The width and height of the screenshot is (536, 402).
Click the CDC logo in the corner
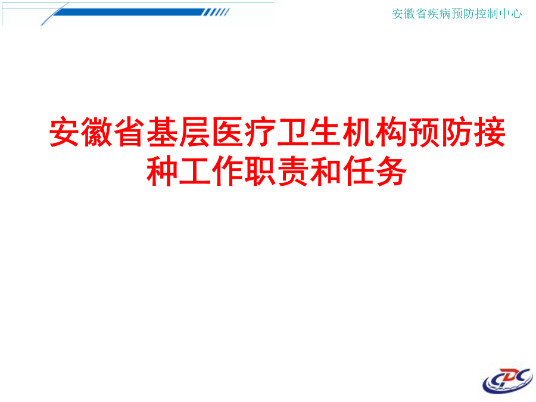pyautogui.click(x=508, y=381)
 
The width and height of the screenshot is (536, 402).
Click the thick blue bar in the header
pyautogui.click(x=129, y=13)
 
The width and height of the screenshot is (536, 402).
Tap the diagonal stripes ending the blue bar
pyautogui.click(x=216, y=13)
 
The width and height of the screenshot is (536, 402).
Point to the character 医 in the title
pyautogui.click(x=228, y=132)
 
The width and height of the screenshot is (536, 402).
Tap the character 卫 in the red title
pyautogui.click(x=292, y=132)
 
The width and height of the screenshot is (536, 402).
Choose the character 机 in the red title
pyautogui.click(x=358, y=132)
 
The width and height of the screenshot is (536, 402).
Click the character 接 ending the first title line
pyautogui.click(x=490, y=132)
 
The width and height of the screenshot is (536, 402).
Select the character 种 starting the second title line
pyautogui.click(x=162, y=171)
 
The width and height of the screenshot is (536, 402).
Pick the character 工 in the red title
pyautogui.click(x=195, y=171)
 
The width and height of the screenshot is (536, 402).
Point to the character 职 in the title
pyautogui.click(x=260, y=171)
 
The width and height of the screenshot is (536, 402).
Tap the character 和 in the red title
pyautogui.click(x=325, y=171)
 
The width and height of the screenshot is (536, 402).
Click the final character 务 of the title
pyautogui.click(x=391, y=171)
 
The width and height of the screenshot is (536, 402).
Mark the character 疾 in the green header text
pyautogui.click(x=433, y=14)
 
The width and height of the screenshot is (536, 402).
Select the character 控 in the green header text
pyautogui.click(x=480, y=14)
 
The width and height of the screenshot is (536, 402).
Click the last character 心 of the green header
pyautogui.click(x=516, y=14)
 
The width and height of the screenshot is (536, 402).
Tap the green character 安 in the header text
pyautogui.click(x=398, y=14)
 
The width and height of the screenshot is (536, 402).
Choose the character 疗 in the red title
pyautogui.click(x=260, y=132)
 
